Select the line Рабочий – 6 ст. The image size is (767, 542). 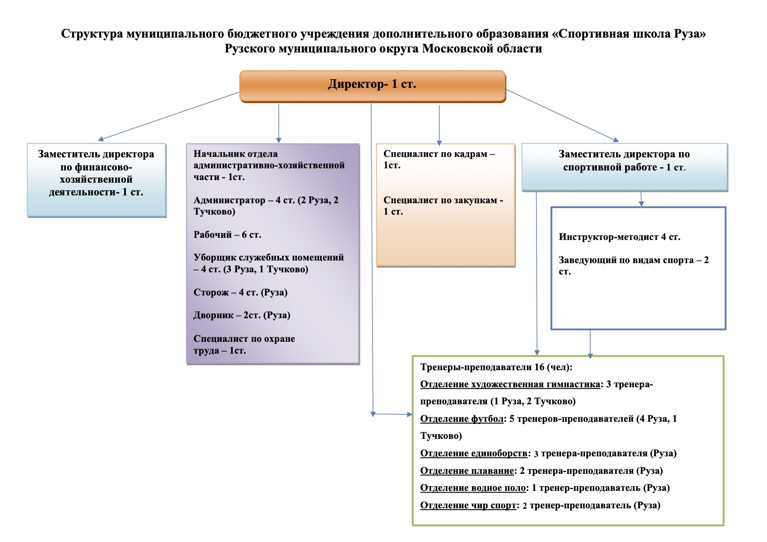(x=227, y=235)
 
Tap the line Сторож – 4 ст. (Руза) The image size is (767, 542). (x=241, y=292)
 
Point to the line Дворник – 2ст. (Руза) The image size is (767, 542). (x=242, y=315)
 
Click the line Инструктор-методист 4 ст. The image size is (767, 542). (x=619, y=237)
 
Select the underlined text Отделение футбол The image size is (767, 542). (x=462, y=419)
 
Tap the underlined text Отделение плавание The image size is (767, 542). (x=467, y=471)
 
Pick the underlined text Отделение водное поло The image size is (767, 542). (x=473, y=488)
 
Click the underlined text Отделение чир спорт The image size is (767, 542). (x=468, y=505)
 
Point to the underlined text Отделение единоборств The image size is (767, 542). (x=474, y=453)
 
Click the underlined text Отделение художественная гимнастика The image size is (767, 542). (x=510, y=385)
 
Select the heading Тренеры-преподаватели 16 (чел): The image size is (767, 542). (x=496, y=367)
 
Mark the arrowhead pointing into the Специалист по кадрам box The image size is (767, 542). (x=439, y=142)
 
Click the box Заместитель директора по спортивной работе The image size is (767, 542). (x=624, y=167)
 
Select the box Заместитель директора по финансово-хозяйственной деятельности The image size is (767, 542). (x=96, y=180)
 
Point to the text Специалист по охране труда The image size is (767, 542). (x=244, y=344)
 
